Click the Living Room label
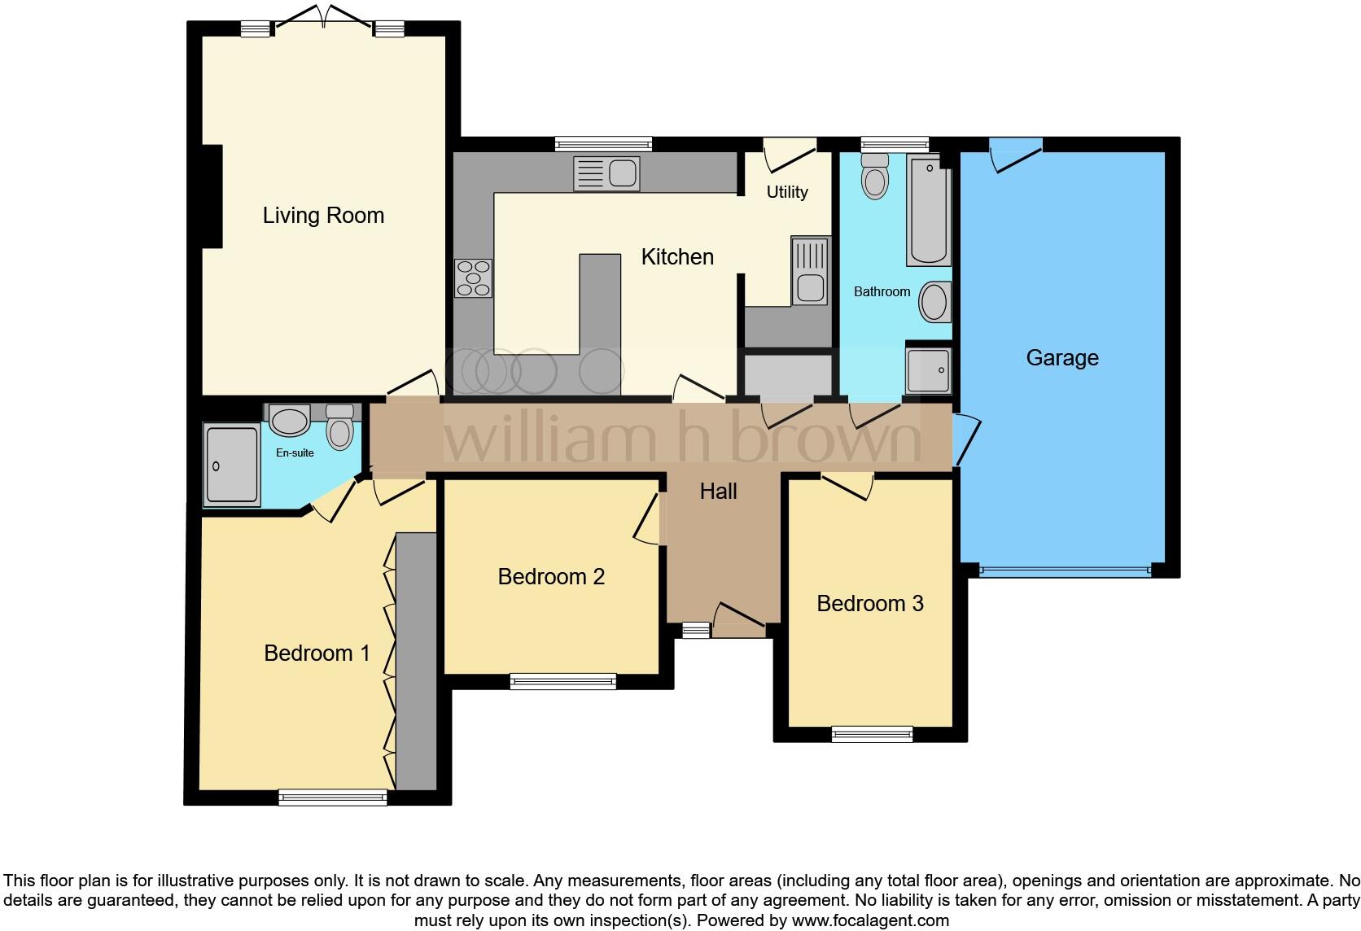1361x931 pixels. tap(323, 216)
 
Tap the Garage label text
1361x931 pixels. tap(1061, 358)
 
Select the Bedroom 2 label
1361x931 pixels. tap(551, 577)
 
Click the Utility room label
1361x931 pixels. tap(787, 192)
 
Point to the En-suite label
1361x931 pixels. tap(295, 453)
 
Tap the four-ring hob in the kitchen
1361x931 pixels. tap(474, 278)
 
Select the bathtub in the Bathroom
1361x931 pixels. tap(929, 212)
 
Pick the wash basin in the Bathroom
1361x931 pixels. tap(934, 302)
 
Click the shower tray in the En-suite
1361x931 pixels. tap(232, 465)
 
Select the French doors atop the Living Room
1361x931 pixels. tap(323, 16)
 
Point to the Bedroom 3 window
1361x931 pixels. tap(872, 735)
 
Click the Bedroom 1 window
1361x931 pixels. tap(332, 798)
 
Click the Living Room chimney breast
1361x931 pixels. tap(212, 196)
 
